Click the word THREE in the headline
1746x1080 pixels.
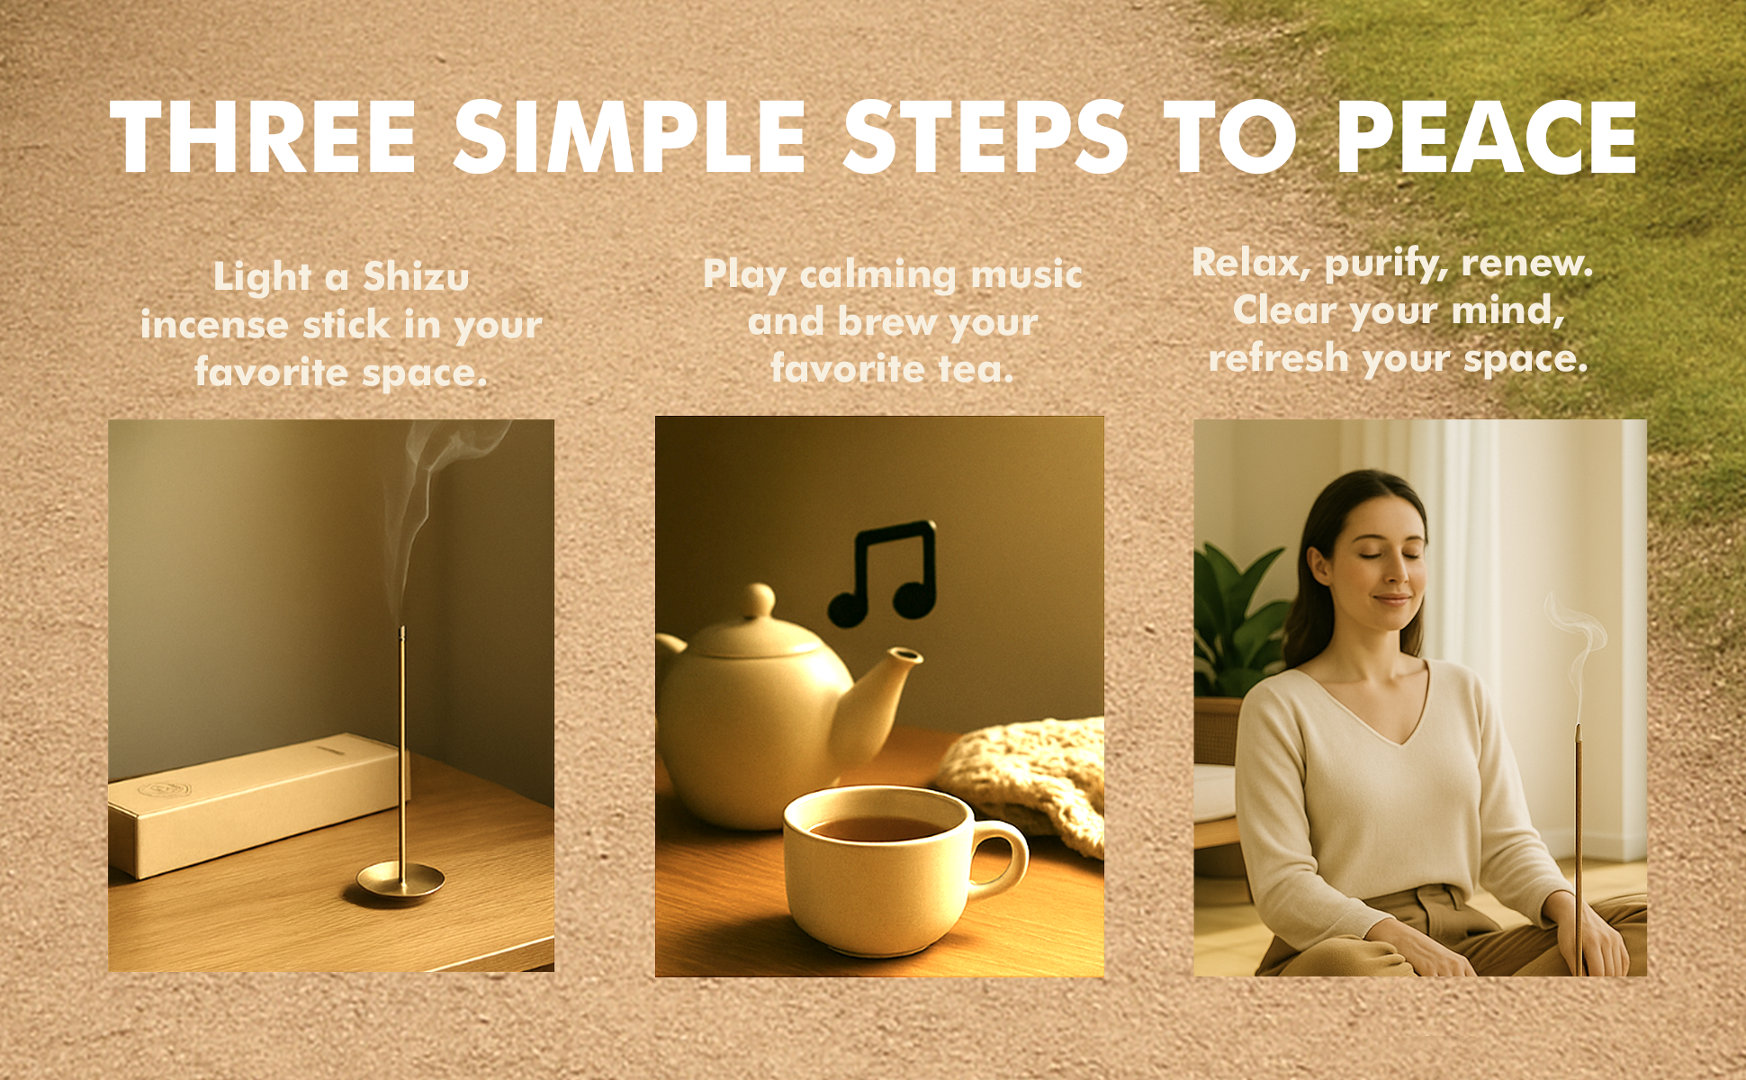263,137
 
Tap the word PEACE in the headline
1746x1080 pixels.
1487,137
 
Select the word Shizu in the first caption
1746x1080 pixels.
417,276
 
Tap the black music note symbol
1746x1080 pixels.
883,574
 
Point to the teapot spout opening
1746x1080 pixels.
906,654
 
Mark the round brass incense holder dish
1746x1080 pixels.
400,879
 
